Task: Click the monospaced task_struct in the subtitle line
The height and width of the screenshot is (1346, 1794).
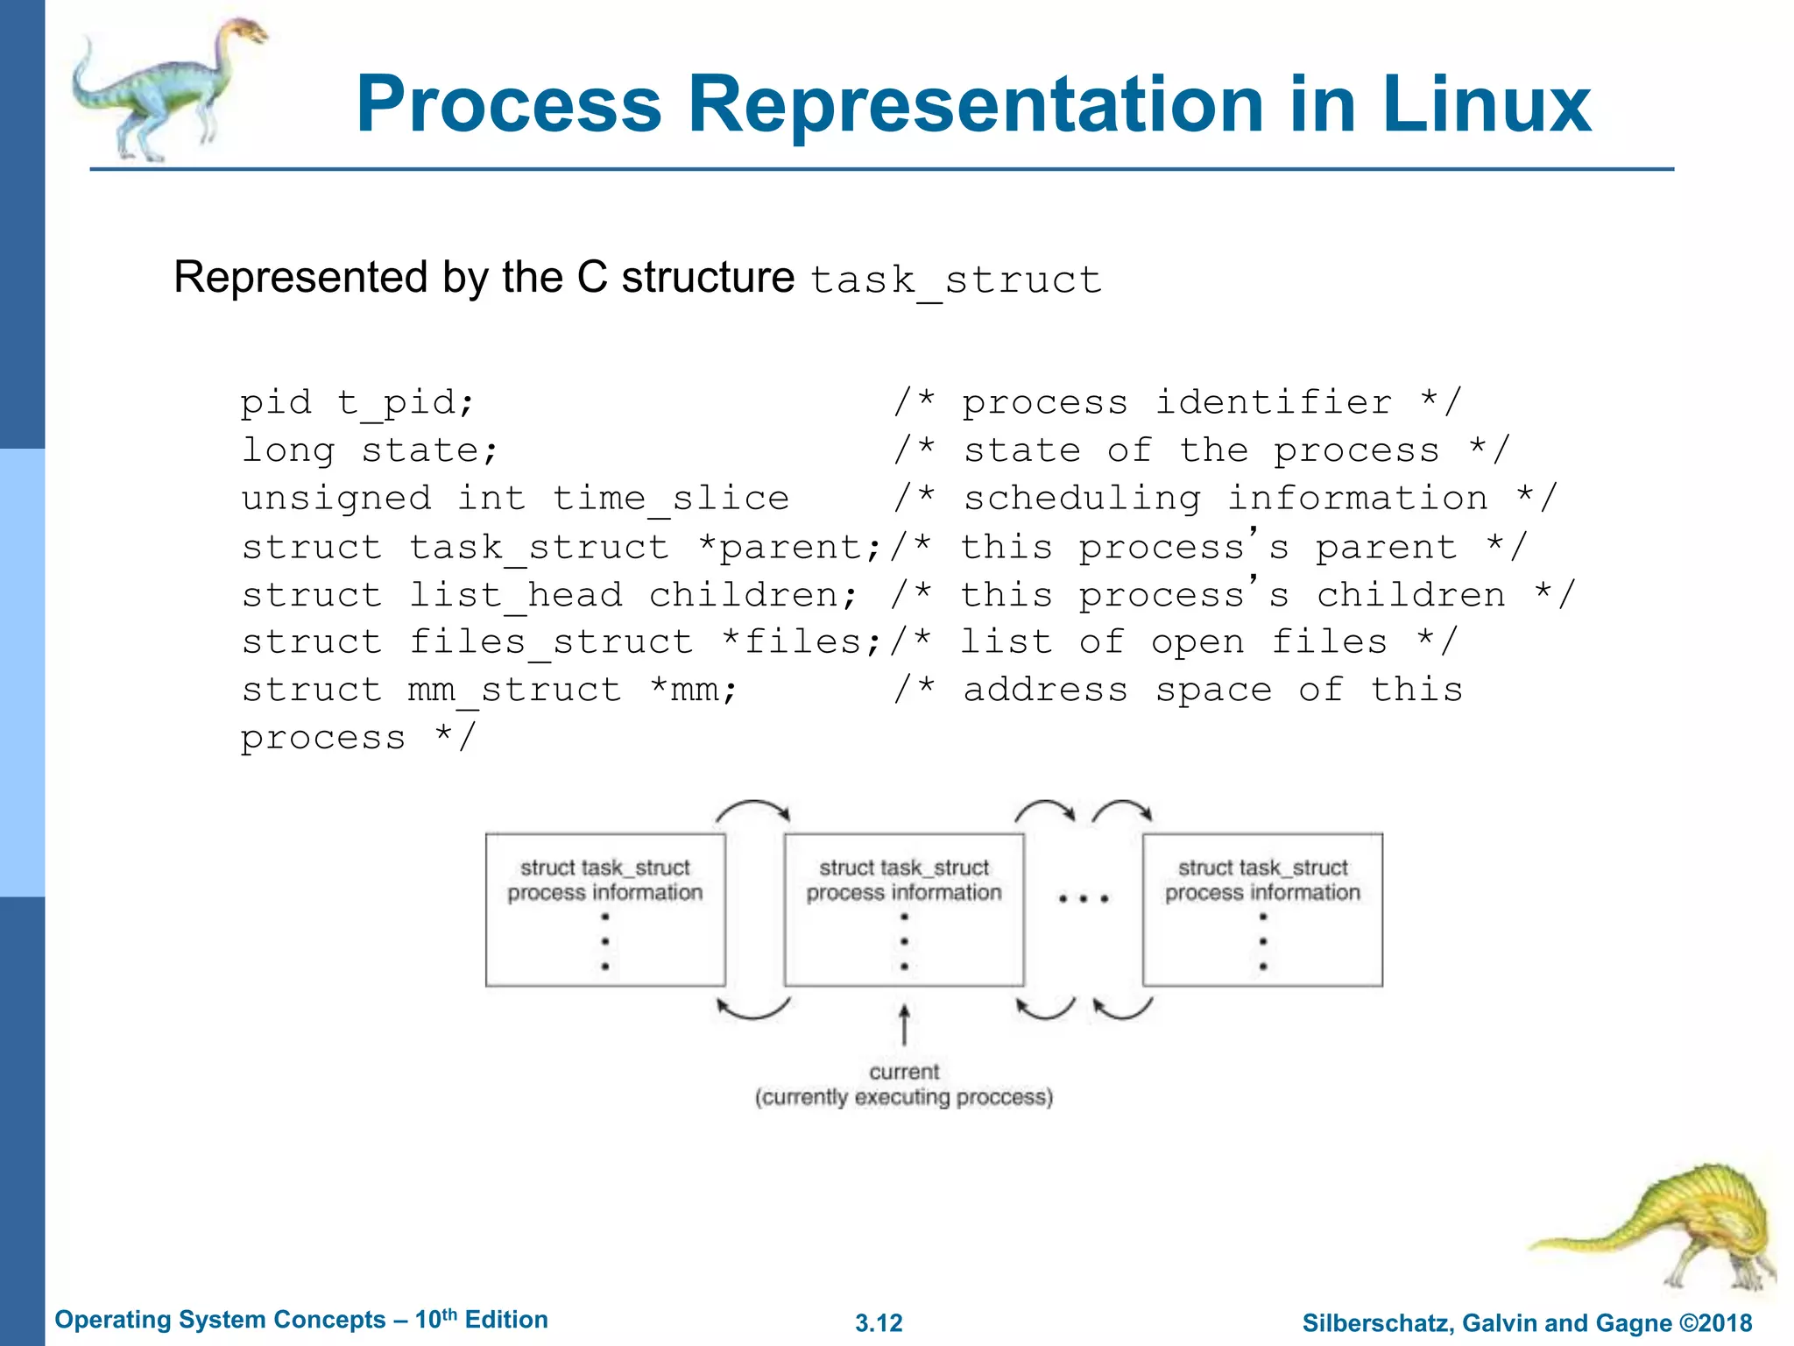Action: (955, 280)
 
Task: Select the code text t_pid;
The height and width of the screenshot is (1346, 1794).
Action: (406, 402)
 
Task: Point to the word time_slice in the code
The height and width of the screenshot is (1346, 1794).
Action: (670, 498)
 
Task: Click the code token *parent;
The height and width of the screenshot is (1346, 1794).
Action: (789, 547)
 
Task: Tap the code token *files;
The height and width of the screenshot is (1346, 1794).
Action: (801, 641)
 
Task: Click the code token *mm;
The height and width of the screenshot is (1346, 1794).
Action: (694, 690)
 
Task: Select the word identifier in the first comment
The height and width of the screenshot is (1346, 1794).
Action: (1273, 402)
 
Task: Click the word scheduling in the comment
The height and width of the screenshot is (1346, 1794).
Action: (1082, 498)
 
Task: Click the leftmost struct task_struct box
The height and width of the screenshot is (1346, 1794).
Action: (605, 910)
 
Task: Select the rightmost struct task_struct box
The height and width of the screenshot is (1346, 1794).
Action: (1262, 910)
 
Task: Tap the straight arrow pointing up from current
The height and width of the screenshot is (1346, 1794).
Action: (904, 1025)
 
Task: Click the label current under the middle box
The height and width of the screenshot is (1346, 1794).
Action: (904, 1072)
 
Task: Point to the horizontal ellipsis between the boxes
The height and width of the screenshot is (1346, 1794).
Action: (1083, 899)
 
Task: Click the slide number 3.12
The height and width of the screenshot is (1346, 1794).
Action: (879, 1322)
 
